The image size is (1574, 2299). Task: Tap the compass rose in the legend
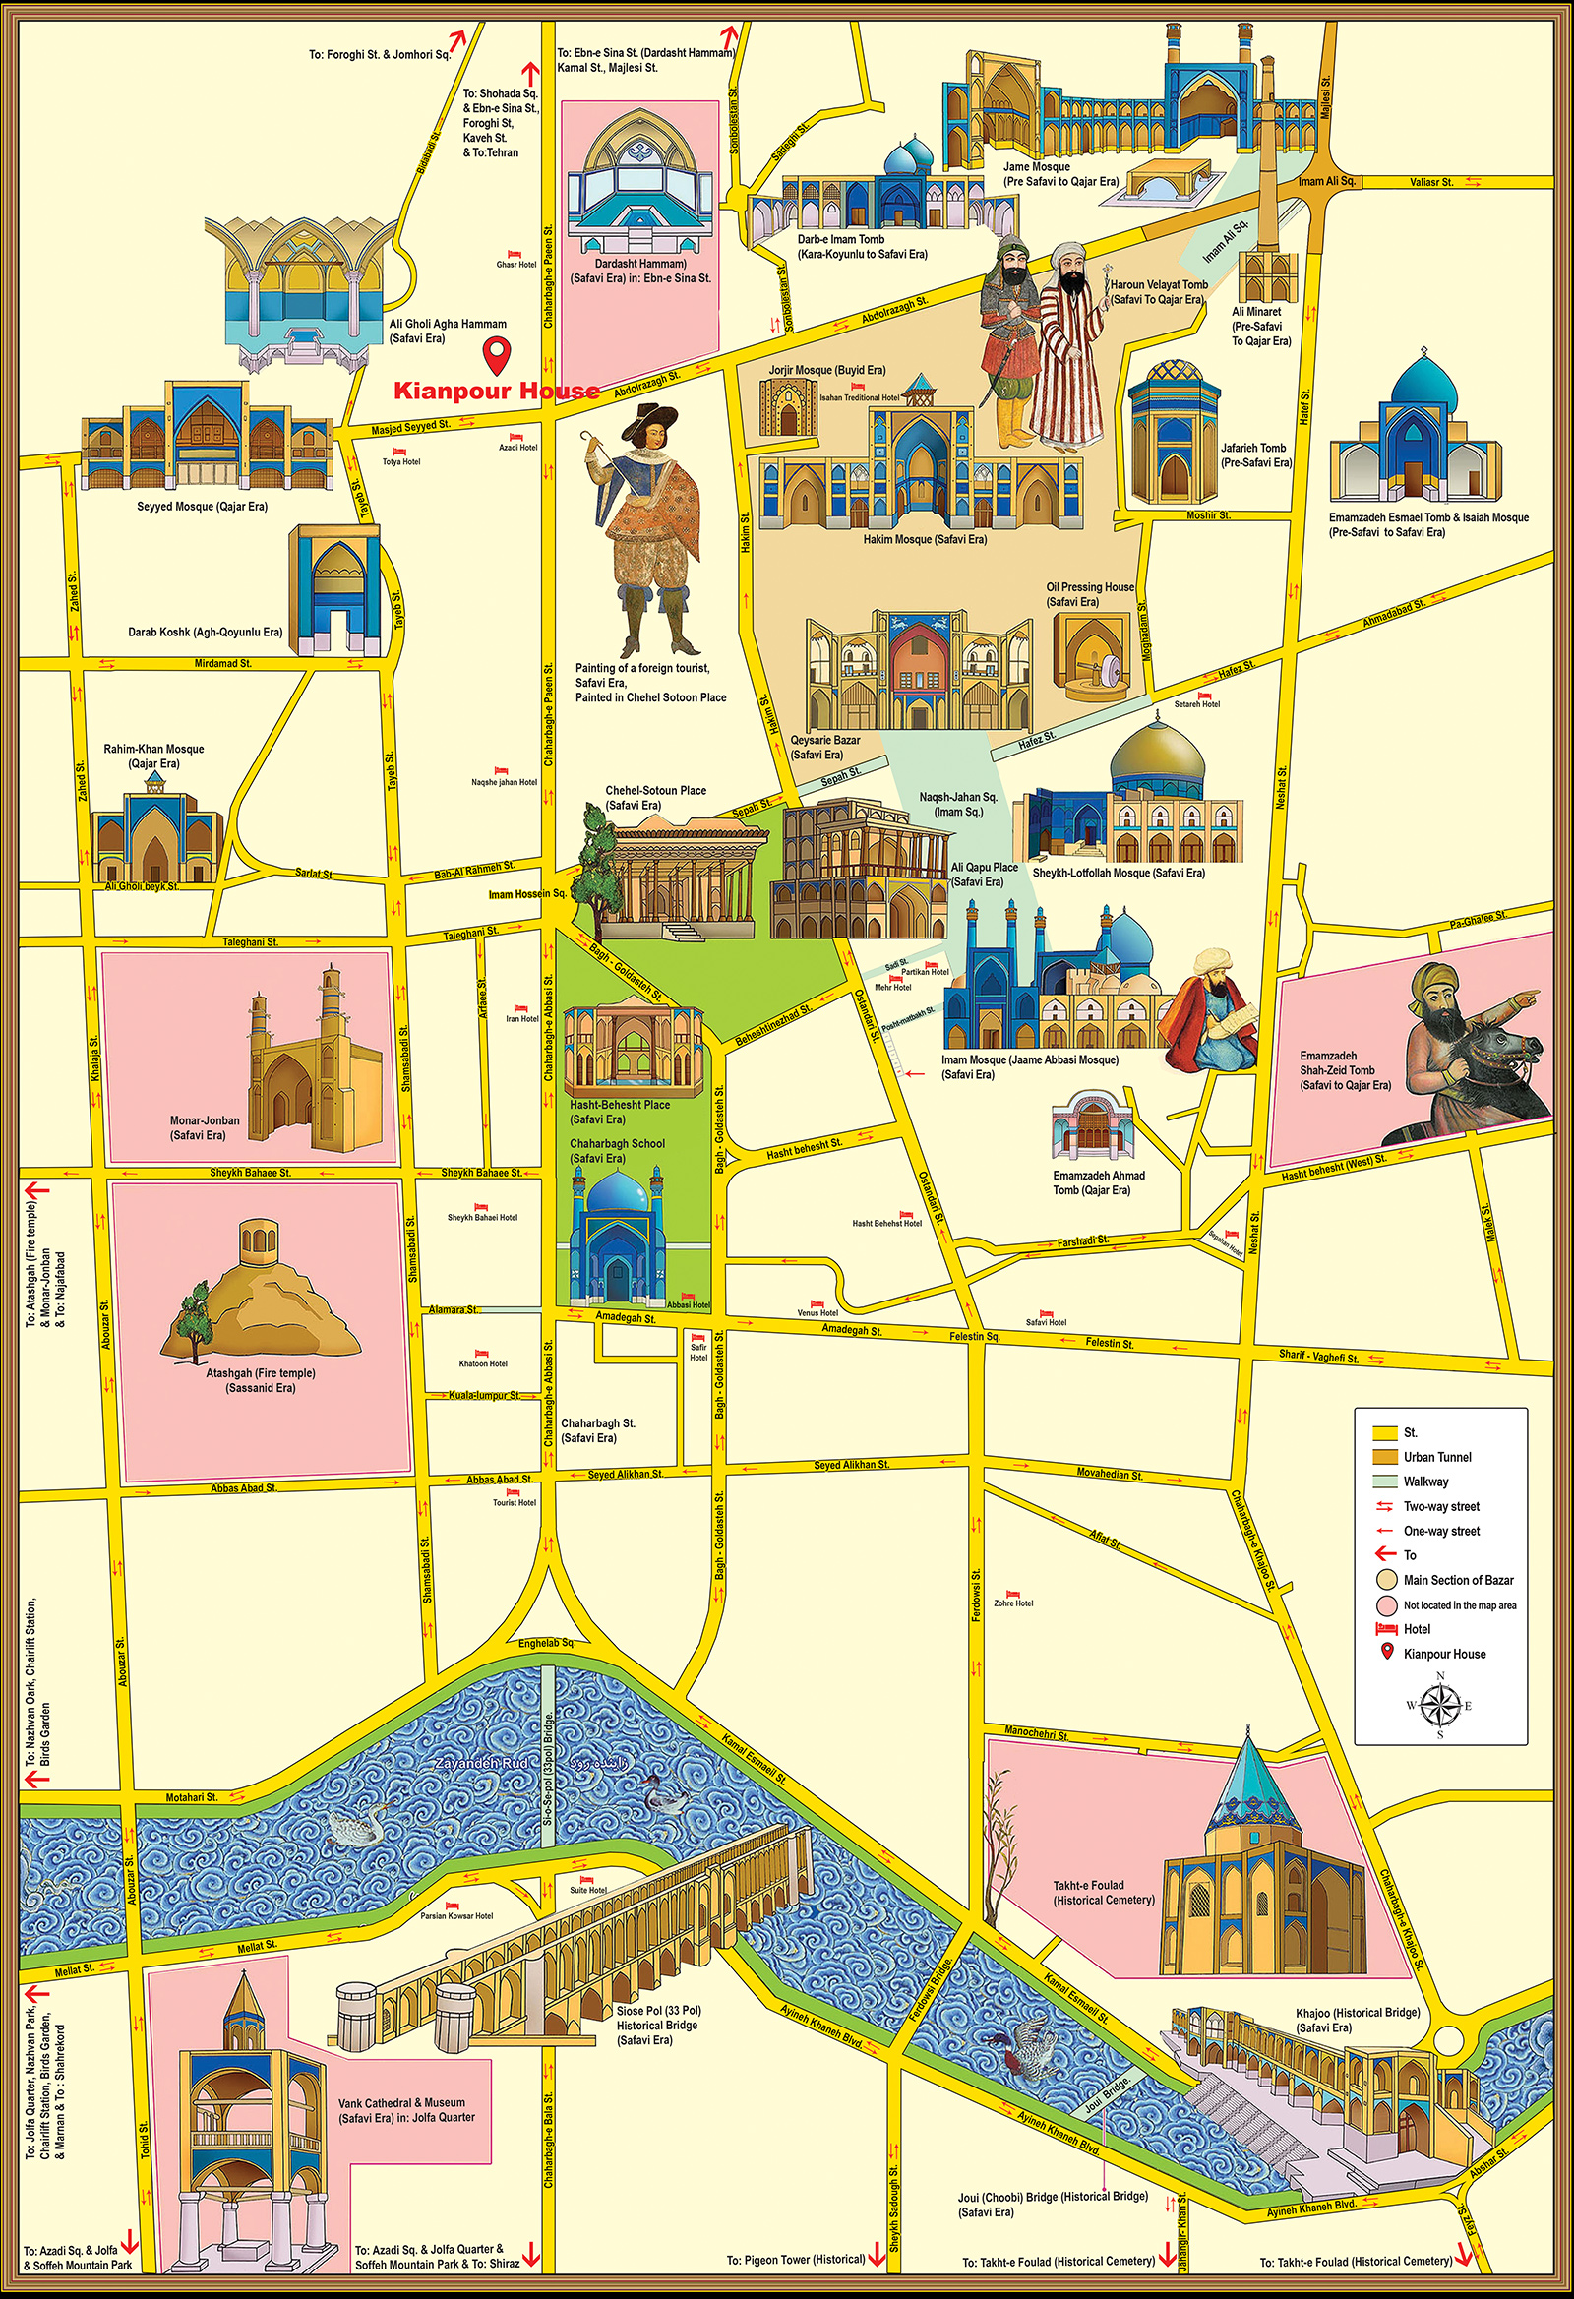(x=1439, y=1705)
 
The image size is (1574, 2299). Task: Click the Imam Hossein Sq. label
(x=526, y=893)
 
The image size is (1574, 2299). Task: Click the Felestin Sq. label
(x=975, y=1336)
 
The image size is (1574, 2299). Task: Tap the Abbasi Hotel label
(x=688, y=1304)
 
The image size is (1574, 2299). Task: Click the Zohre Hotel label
(x=1013, y=1603)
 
